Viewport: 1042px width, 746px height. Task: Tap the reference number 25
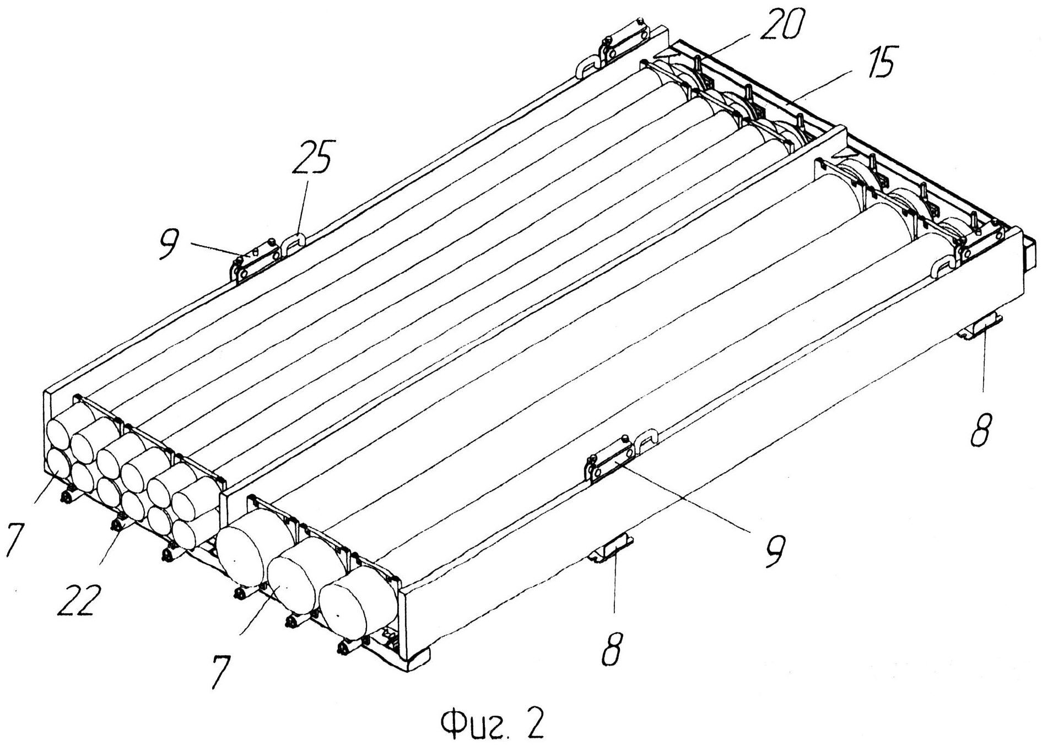click(314, 159)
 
